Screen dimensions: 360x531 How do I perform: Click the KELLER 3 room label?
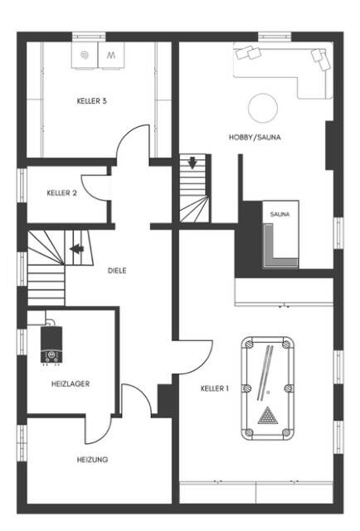pyautogui.click(x=91, y=101)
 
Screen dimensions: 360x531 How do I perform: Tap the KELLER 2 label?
pyautogui.click(x=61, y=193)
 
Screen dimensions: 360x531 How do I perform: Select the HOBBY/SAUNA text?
pyautogui.click(x=255, y=137)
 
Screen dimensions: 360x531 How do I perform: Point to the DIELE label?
pyautogui.click(x=117, y=270)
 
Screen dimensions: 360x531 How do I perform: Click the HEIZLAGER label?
pyautogui.click(x=71, y=383)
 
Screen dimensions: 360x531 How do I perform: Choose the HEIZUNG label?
pyautogui.click(x=92, y=460)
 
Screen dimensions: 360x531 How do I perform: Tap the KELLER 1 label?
pyautogui.click(x=214, y=388)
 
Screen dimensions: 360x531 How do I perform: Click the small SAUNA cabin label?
pyautogui.click(x=280, y=214)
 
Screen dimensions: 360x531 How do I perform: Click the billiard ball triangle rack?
pyautogui.click(x=268, y=415)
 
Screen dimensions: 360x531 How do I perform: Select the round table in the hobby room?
pyautogui.click(x=263, y=108)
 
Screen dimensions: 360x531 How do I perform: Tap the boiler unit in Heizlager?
pyautogui.click(x=51, y=344)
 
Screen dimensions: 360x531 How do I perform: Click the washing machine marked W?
pyautogui.click(x=111, y=55)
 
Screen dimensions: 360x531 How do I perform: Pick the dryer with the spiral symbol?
pyautogui.click(x=85, y=55)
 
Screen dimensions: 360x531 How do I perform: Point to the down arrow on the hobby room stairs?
pyautogui.click(x=192, y=163)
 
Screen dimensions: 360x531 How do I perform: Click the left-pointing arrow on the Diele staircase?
pyautogui.click(x=77, y=249)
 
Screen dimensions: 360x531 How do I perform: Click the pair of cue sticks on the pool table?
pyautogui.click(x=265, y=373)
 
